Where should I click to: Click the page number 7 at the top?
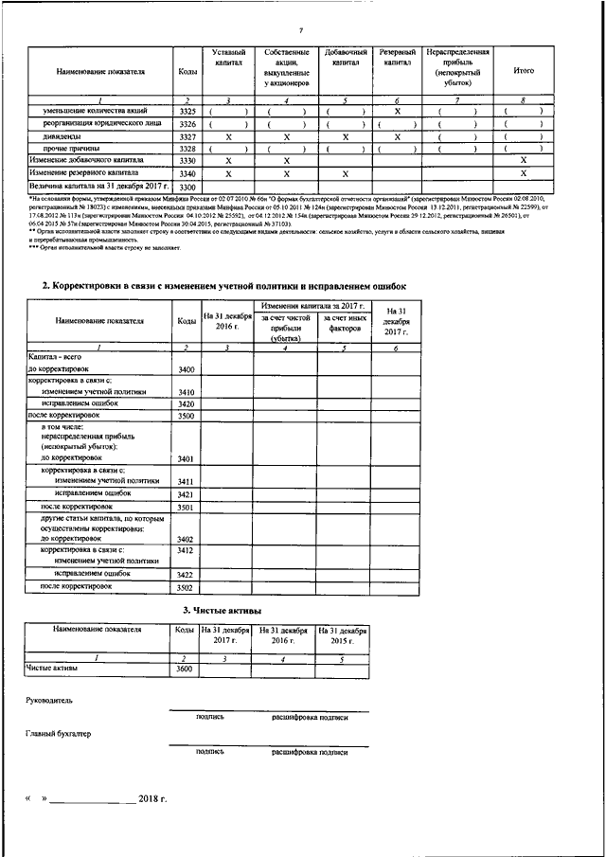pyautogui.click(x=299, y=7)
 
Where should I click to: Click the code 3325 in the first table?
pyautogui.click(x=187, y=112)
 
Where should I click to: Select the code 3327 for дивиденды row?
pyautogui.click(x=187, y=137)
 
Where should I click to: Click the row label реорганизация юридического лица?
pyautogui.click(x=97, y=124)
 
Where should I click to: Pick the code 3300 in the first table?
pyautogui.click(x=187, y=187)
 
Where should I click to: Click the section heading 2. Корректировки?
pyautogui.click(x=224, y=285)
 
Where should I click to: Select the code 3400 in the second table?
pyautogui.click(x=186, y=369)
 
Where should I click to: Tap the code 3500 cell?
pyautogui.click(x=186, y=416)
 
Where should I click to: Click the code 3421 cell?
pyautogui.click(x=186, y=494)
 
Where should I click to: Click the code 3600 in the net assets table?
pyautogui.click(x=184, y=670)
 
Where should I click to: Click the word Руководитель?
pyautogui.click(x=49, y=700)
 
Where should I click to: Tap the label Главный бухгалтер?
pyautogui.click(x=59, y=734)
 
